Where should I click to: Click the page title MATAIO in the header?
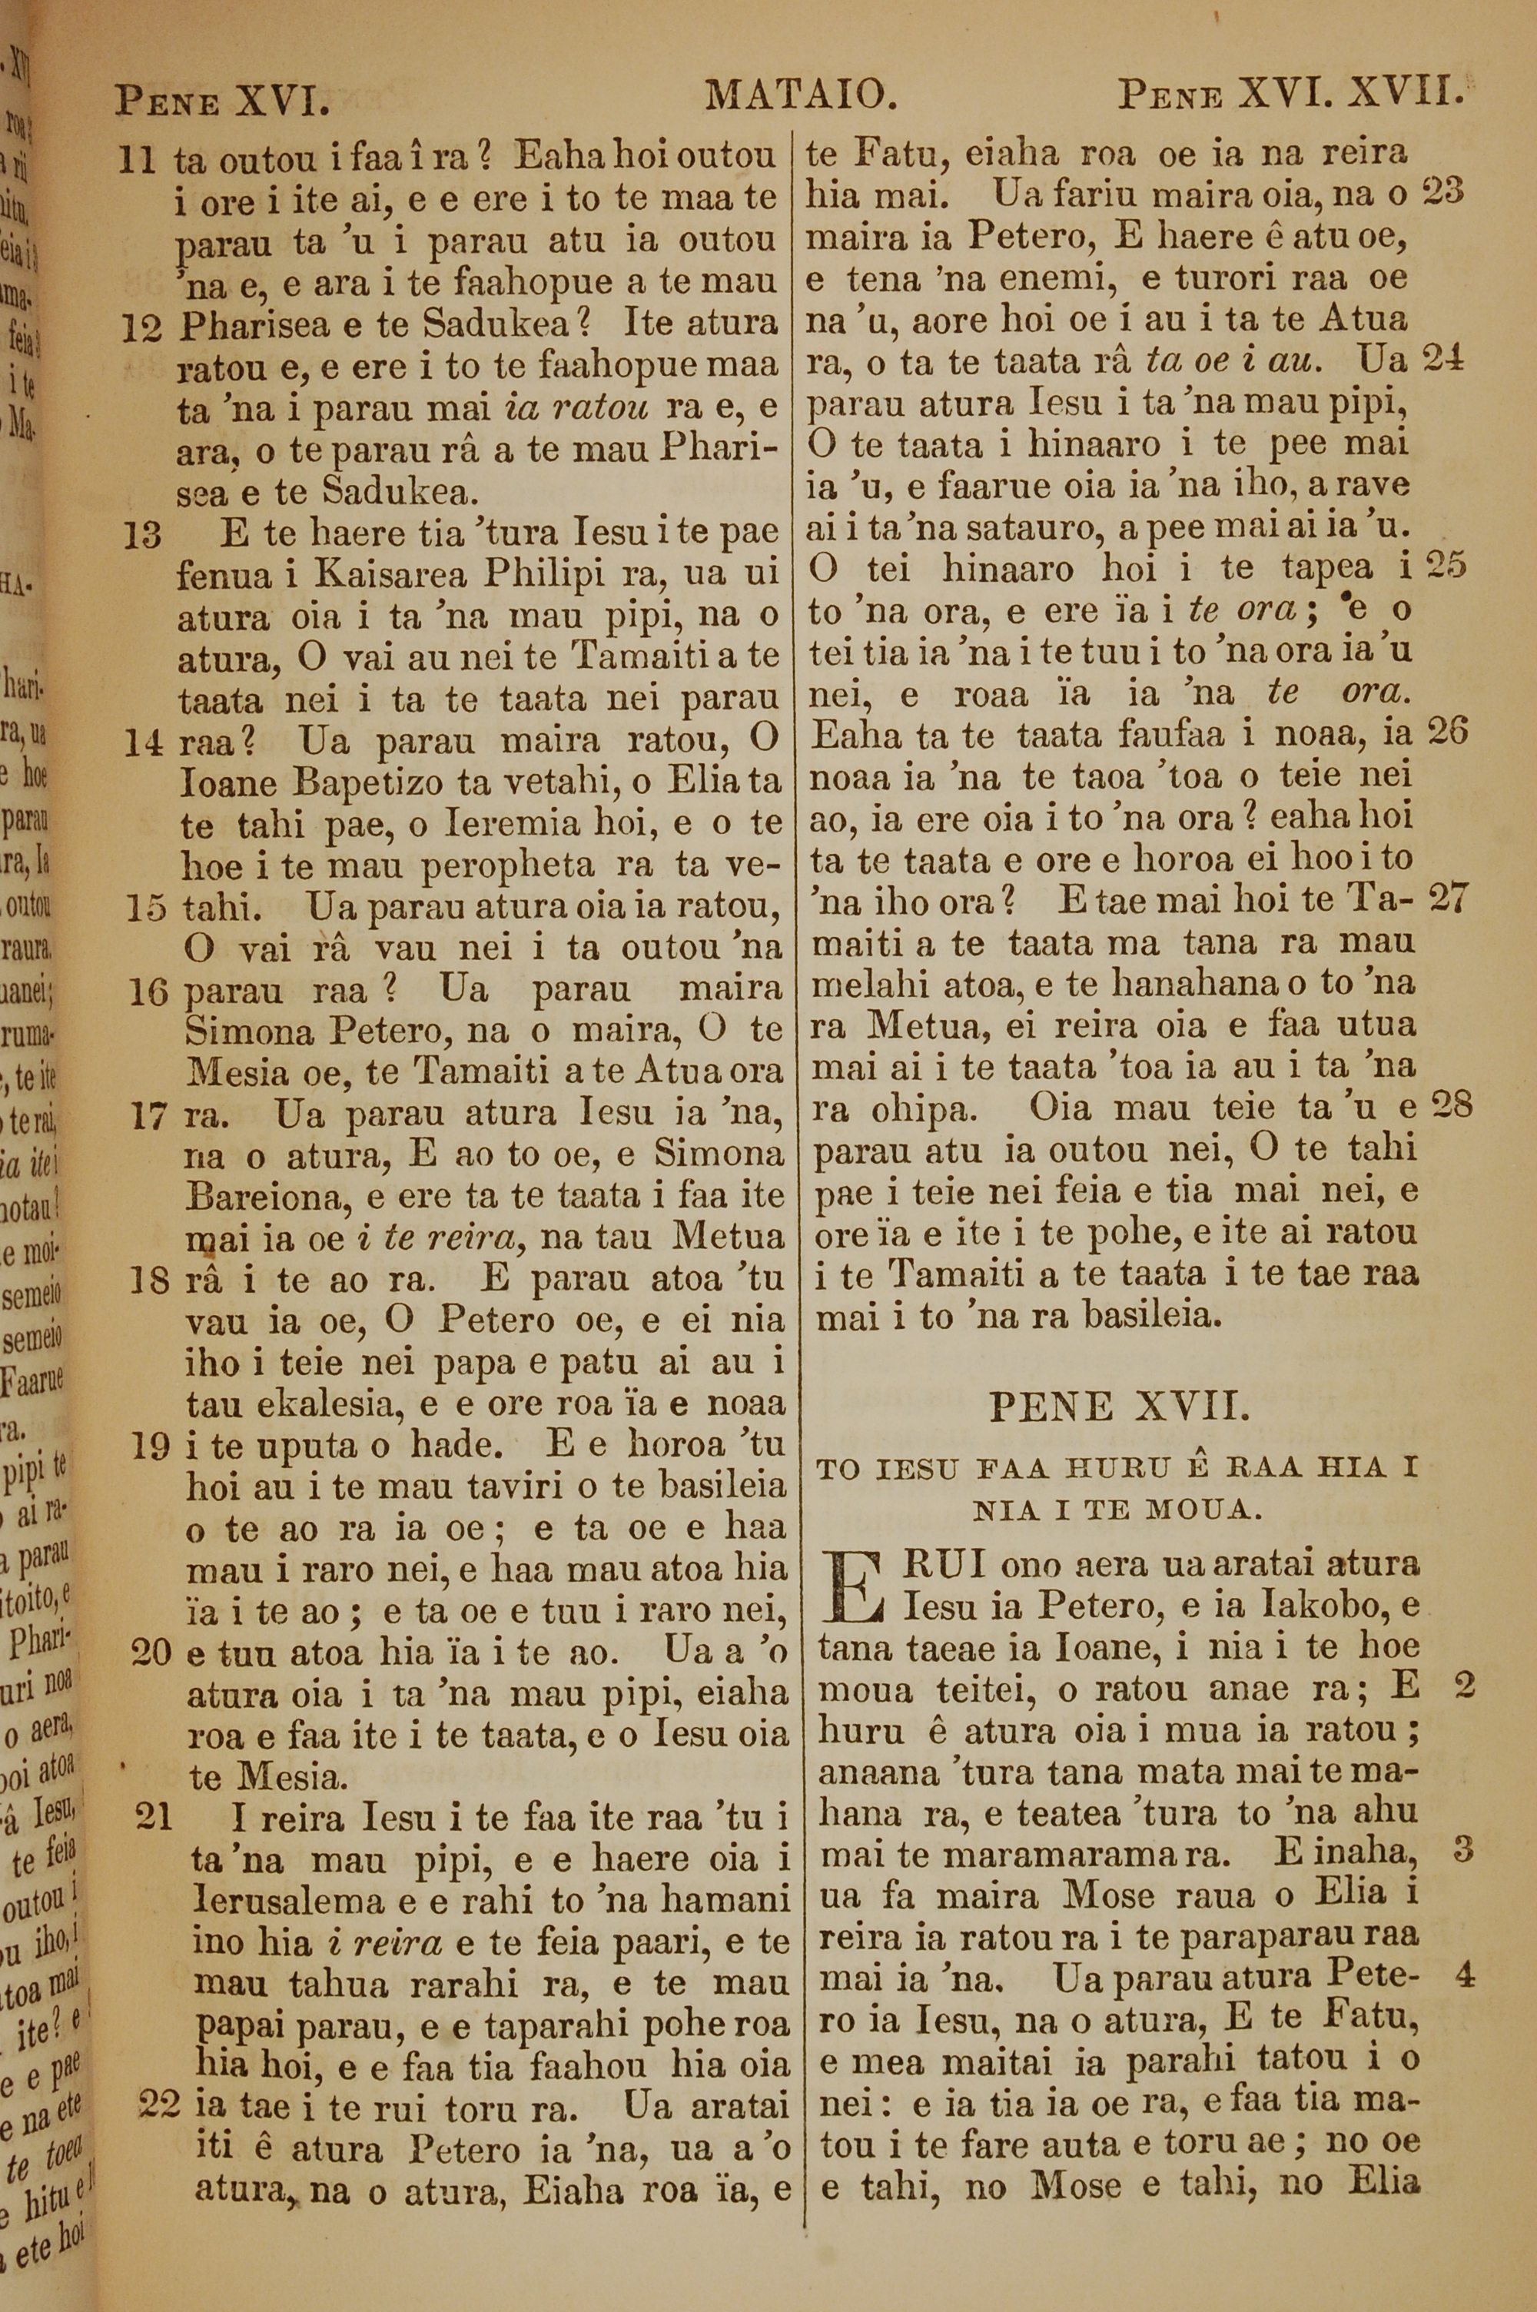pos(801,96)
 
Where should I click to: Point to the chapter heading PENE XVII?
pos(1120,1407)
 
